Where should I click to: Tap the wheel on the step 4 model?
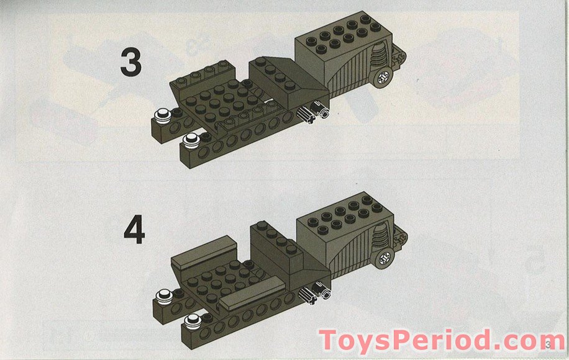[x=383, y=257]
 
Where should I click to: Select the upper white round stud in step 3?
[x=162, y=114]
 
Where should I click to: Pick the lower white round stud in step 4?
[x=193, y=320]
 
